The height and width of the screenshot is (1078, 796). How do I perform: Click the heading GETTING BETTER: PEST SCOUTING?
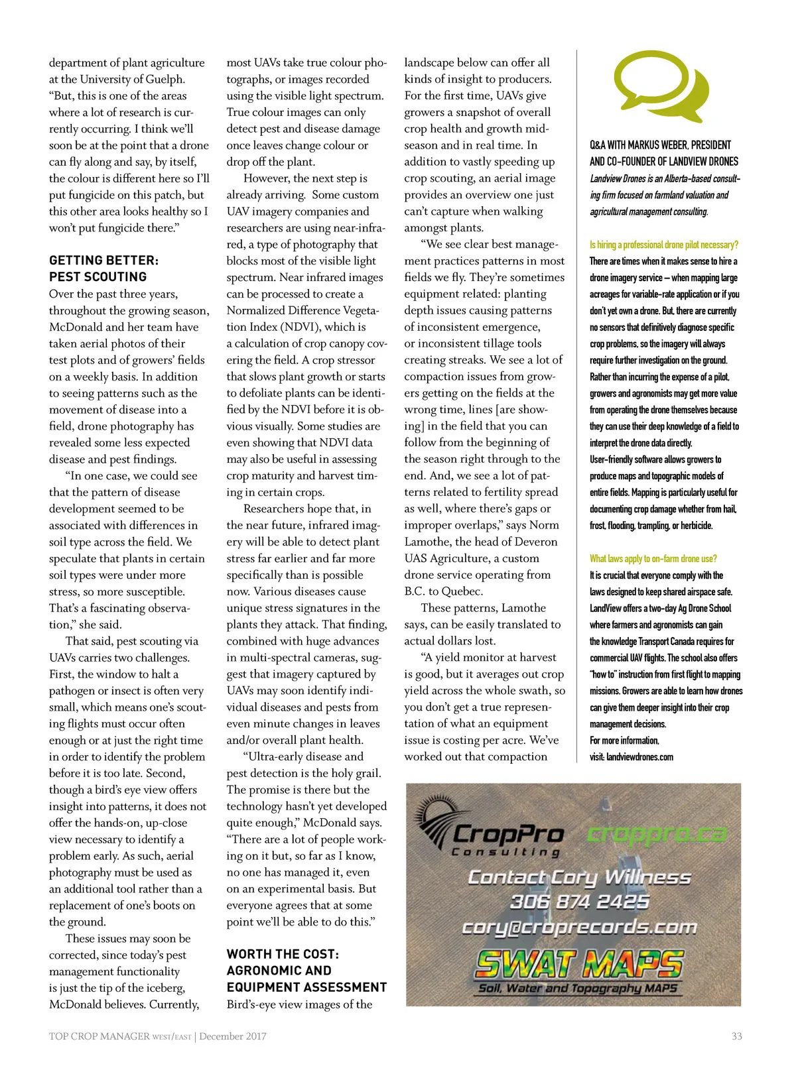[103, 269]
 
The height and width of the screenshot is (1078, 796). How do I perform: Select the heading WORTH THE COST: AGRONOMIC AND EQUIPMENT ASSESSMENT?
[306, 971]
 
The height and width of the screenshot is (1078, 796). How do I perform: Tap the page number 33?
[736, 1036]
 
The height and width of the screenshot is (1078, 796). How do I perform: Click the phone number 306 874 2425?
[579, 902]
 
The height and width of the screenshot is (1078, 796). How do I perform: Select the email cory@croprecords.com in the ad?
[579, 926]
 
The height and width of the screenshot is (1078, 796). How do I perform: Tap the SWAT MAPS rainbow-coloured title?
[579, 964]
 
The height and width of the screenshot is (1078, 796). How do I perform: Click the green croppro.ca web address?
[657, 834]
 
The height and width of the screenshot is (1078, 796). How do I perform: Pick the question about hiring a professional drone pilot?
[663, 245]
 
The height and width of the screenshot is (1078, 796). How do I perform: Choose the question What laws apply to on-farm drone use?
[653, 558]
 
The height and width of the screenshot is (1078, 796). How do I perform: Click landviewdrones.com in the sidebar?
[639, 757]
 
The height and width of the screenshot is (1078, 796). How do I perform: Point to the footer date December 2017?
[233, 1036]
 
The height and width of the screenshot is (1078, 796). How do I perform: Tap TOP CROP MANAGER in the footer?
[99, 1036]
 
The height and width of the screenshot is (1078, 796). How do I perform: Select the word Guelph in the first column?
[164, 79]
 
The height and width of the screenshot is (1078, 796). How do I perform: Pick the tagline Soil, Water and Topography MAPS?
[577, 988]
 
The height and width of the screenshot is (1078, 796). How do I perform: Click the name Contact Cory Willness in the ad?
[579, 878]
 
